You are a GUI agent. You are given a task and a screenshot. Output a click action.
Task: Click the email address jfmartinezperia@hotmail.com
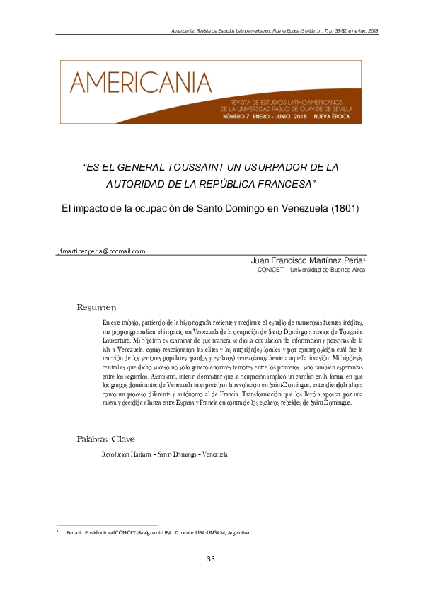coord(100,251)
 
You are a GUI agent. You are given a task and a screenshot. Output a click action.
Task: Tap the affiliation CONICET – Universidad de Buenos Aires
coord(311,270)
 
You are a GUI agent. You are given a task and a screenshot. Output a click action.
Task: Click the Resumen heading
coord(96,307)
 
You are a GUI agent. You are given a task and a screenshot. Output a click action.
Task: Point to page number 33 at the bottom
coord(210,559)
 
